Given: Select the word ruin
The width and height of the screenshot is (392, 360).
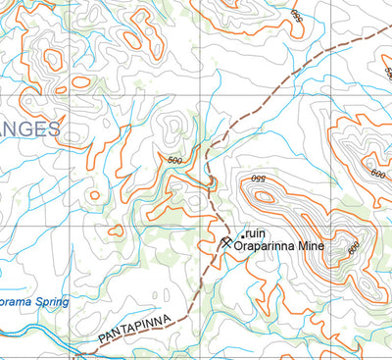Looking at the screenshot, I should click(x=257, y=232).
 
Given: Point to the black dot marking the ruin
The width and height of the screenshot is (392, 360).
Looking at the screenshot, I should click(x=243, y=233).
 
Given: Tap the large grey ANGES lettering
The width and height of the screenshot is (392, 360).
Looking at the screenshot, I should click(x=28, y=129).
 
